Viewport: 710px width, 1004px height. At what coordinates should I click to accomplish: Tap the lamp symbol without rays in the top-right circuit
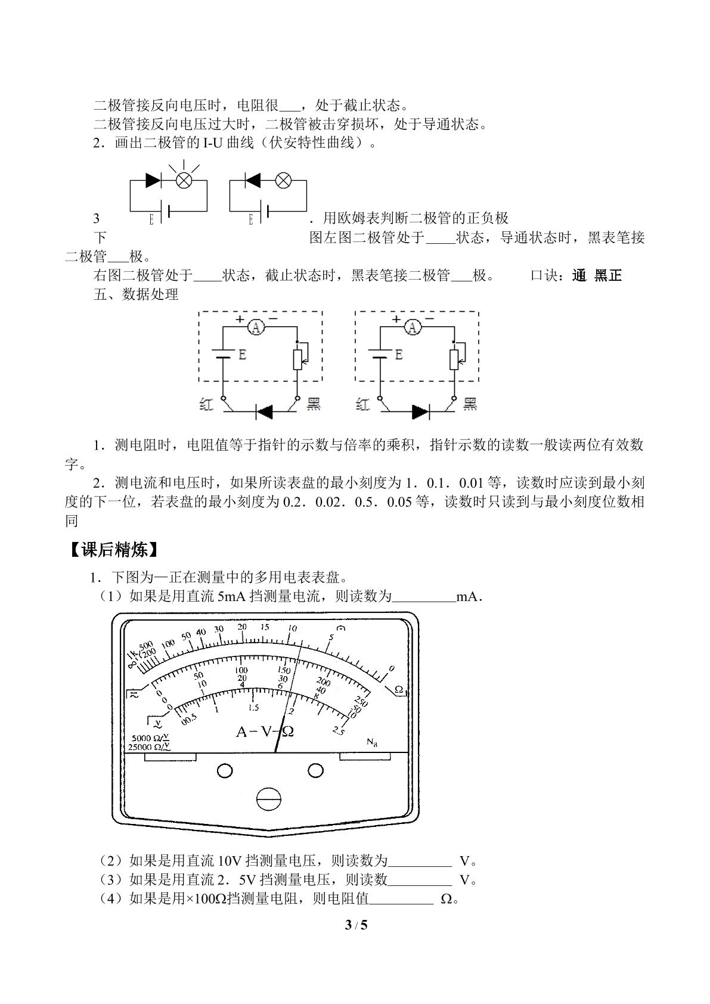(283, 181)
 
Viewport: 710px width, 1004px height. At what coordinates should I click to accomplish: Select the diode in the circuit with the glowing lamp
(153, 181)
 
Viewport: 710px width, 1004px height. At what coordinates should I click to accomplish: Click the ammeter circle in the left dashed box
(256, 328)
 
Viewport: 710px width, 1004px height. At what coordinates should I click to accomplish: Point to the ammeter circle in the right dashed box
(413, 328)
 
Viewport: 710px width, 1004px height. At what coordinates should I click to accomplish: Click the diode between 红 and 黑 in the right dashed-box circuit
(420, 411)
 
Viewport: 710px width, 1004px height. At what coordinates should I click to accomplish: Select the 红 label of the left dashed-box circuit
(206, 404)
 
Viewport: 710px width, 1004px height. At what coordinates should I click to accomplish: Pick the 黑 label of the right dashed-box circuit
(470, 404)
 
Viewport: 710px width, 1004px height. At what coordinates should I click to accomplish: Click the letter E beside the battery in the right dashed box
(398, 355)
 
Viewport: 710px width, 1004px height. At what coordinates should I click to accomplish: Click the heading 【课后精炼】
(114, 550)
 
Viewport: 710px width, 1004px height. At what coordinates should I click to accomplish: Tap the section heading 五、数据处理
(136, 295)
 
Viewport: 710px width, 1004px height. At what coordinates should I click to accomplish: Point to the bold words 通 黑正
(597, 275)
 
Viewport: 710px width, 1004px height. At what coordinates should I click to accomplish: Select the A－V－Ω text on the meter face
(265, 732)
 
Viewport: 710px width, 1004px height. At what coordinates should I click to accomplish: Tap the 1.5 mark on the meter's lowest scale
(254, 708)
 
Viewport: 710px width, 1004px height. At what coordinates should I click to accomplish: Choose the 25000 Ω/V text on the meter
(149, 746)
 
